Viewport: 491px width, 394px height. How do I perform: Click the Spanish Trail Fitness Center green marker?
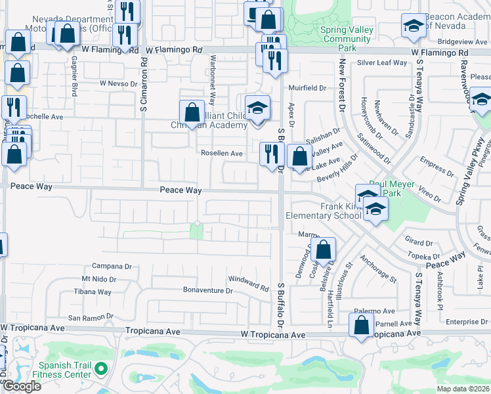point(101,369)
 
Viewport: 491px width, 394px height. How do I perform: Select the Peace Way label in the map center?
point(180,190)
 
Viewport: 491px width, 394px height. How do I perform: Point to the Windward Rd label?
point(248,284)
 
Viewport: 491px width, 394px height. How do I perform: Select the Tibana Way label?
point(93,292)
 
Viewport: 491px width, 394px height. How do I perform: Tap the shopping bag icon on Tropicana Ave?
point(361,324)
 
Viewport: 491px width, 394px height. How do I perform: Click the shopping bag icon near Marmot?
point(323,250)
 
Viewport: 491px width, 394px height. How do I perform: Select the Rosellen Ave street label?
point(222,153)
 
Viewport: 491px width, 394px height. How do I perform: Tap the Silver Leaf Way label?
point(382,62)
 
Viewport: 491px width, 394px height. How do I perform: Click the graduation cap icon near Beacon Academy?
point(412,26)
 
